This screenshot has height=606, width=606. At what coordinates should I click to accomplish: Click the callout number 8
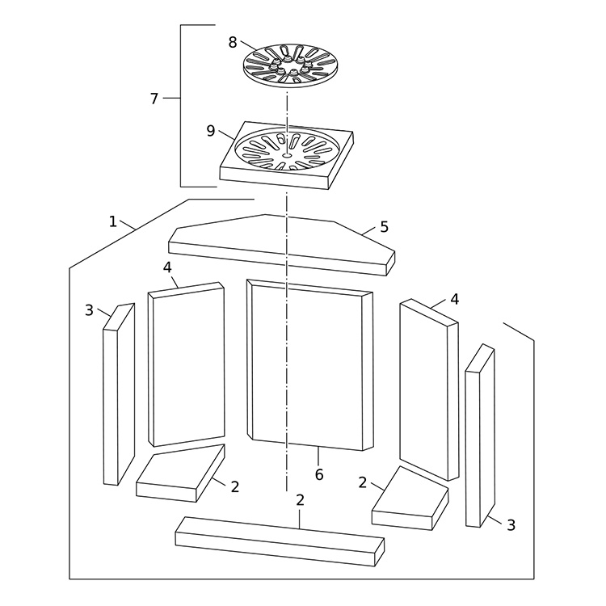[232, 43]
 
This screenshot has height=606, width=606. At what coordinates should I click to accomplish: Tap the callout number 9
[211, 131]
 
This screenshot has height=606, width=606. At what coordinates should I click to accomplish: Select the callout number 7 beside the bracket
[154, 99]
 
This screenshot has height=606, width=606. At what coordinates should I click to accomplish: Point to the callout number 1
[112, 222]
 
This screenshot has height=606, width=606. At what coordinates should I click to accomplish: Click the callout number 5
[384, 227]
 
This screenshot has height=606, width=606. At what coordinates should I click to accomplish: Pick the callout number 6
[319, 474]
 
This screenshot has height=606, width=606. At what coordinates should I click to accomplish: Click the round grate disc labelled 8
[291, 65]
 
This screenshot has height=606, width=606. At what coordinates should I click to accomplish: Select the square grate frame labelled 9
[286, 155]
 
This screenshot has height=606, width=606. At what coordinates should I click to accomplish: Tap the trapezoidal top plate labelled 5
[282, 245]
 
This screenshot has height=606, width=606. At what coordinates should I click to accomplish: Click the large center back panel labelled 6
[309, 365]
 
